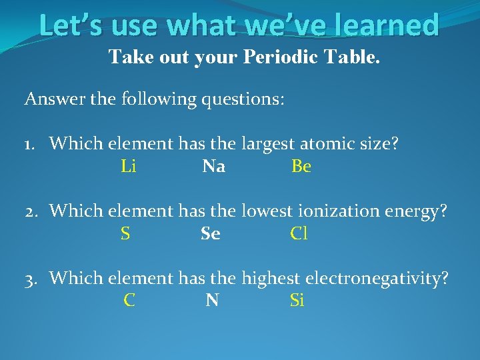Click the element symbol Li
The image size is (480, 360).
click(129, 167)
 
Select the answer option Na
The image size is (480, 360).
click(213, 167)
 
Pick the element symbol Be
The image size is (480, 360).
click(301, 167)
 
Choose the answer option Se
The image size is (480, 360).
click(211, 234)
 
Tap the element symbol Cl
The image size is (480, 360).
click(299, 234)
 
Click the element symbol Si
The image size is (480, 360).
click(297, 301)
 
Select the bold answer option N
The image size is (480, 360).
click(213, 301)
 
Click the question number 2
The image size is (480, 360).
click(31, 211)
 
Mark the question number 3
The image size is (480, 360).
click(31, 278)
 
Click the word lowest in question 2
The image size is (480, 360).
click(267, 211)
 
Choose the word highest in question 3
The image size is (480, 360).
click(270, 278)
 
